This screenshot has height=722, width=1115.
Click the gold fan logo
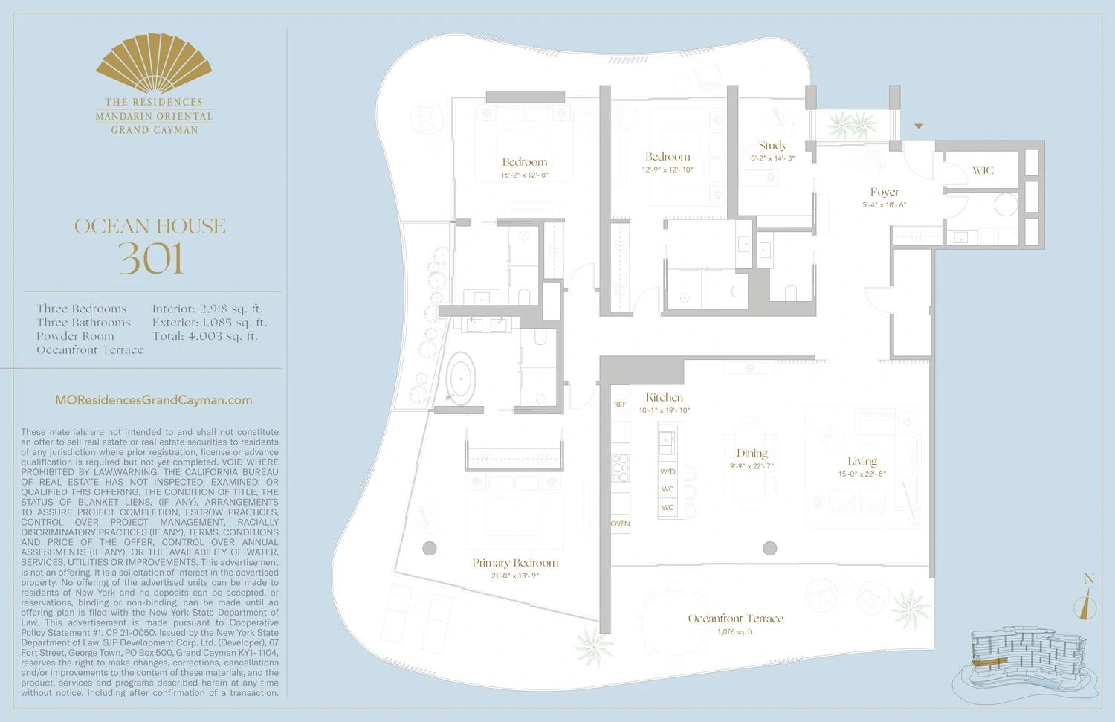tap(154, 62)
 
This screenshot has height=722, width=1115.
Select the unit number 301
tap(151, 259)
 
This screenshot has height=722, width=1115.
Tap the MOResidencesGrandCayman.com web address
tap(154, 400)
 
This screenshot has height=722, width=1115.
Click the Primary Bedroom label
tap(515, 563)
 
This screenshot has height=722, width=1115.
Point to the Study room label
tap(772, 146)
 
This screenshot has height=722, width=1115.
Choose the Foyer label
tap(884, 192)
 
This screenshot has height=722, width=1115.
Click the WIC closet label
tap(983, 170)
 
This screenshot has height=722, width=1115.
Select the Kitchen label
tap(664, 398)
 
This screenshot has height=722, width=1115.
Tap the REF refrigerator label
tap(620, 404)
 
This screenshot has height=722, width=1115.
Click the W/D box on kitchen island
tap(668, 471)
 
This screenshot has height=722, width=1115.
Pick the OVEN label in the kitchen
tap(620, 523)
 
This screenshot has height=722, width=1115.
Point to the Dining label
tap(752, 454)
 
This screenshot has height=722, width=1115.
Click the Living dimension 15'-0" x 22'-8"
tap(862, 474)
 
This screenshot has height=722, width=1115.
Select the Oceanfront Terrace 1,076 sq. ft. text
tap(735, 632)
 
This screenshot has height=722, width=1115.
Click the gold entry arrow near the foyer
tap(919, 126)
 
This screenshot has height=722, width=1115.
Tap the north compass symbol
tap(1086, 604)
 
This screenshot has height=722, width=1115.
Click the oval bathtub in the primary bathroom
tap(461, 378)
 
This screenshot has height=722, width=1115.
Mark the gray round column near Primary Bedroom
tap(430, 549)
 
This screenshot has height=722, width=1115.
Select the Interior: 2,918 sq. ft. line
tap(207, 309)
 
